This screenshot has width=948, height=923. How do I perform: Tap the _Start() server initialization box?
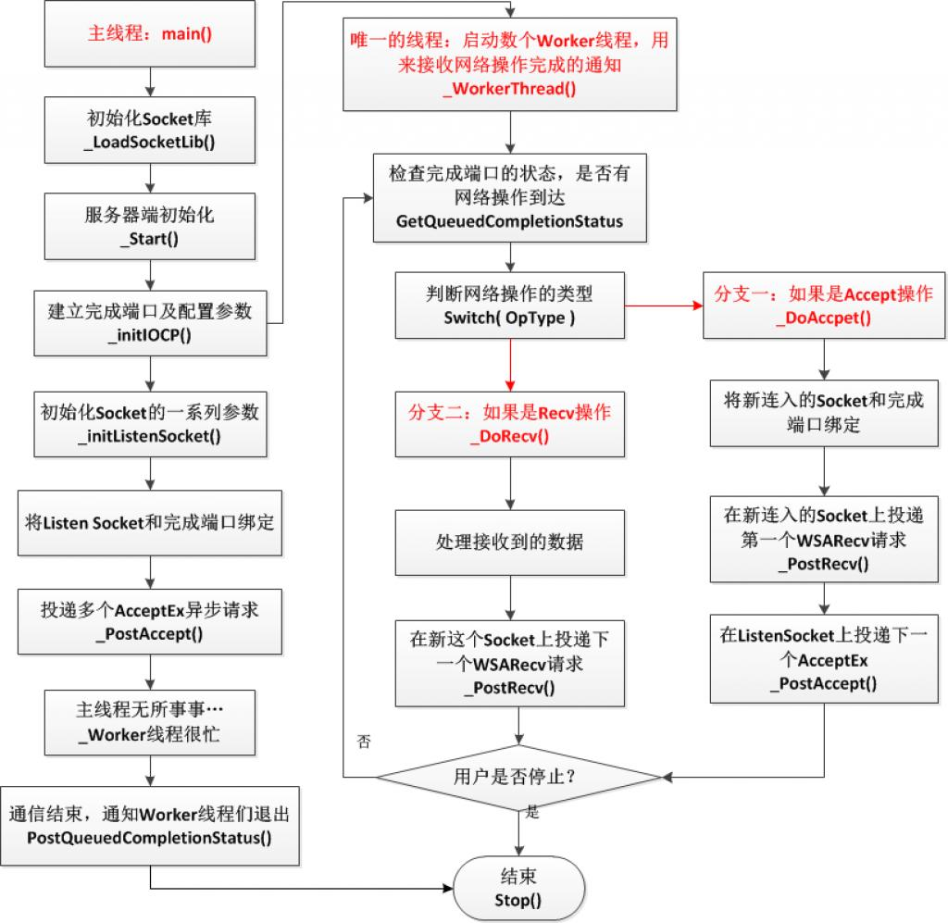149,225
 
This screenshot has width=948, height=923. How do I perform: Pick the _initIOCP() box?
149,322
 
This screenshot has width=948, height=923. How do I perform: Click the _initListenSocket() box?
149,423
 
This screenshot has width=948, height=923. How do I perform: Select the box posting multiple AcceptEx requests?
149,621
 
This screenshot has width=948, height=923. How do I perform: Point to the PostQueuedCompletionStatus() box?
149,827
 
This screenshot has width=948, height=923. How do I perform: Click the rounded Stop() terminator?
519,886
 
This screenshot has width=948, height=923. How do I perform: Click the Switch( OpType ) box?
509,306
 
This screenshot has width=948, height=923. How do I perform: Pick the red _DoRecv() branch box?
509,423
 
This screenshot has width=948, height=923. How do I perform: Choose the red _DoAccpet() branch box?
823,306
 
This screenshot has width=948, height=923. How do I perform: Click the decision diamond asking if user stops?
518,777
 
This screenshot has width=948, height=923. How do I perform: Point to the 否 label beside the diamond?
364,742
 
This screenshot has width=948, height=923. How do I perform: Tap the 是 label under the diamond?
531,812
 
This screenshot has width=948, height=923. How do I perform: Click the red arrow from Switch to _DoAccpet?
663,306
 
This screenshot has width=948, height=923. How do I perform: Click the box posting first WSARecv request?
823,540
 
